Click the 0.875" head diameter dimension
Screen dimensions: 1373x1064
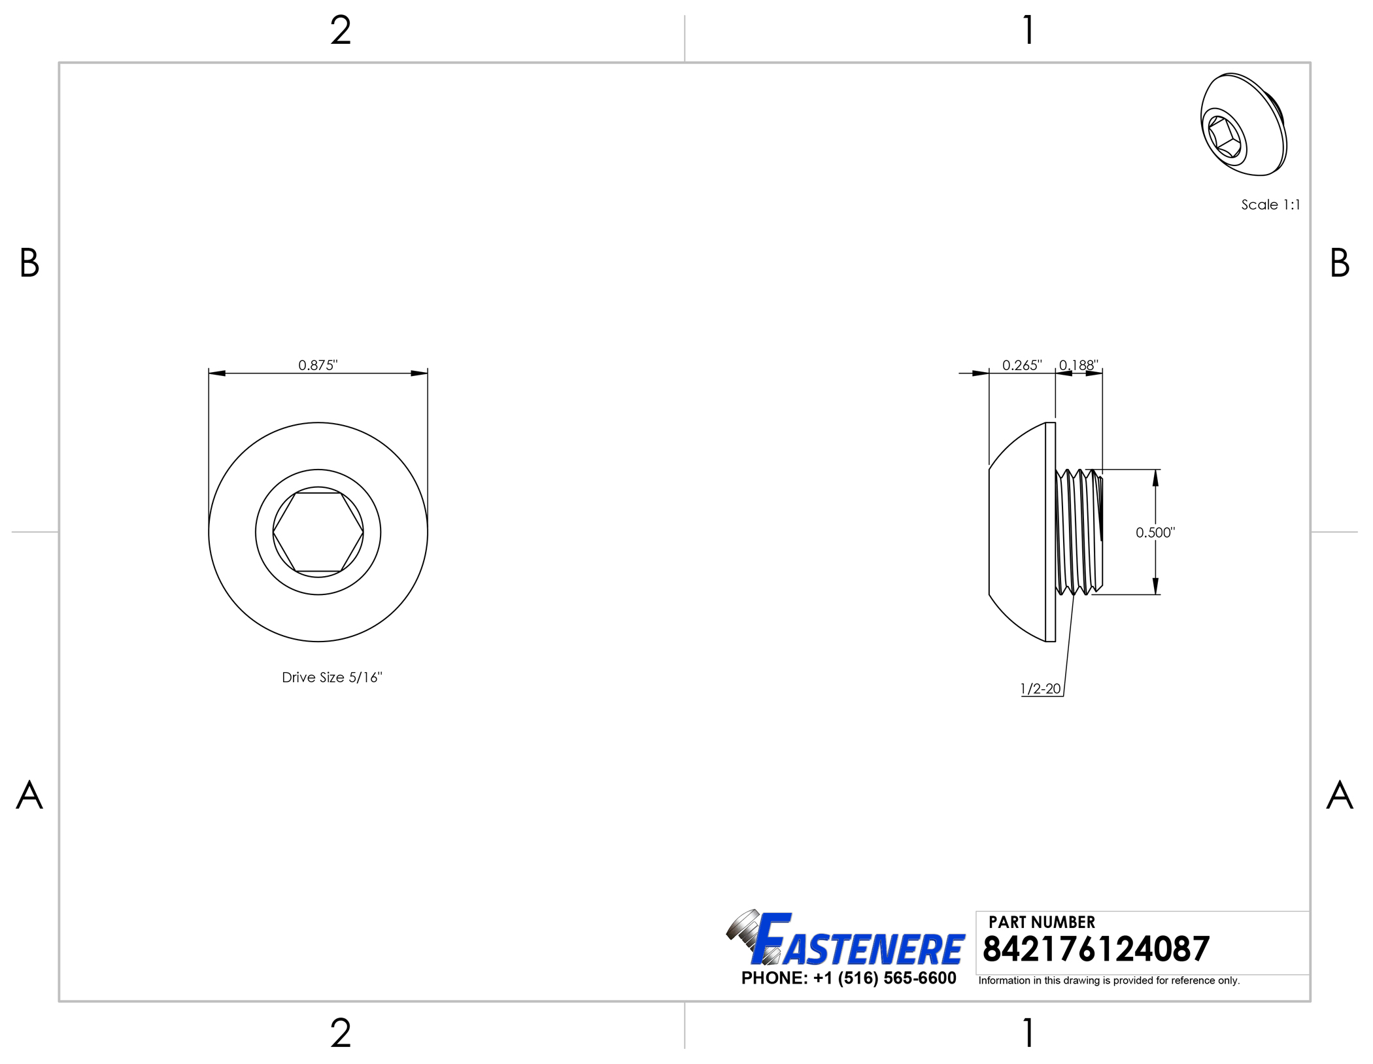pos(318,365)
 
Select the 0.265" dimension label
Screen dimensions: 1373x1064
pos(1022,365)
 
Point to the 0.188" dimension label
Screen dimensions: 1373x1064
pos(1079,365)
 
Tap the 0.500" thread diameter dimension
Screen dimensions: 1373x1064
pos(1155,532)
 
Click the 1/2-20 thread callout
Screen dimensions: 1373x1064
pos(1040,689)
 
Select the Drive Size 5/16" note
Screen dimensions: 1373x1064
pos(332,678)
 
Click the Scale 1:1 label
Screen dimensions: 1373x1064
pos(1271,205)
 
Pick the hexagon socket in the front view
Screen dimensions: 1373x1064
pos(318,532)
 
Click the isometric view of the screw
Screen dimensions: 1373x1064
pos(1244,124)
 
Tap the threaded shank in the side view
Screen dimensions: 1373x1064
pos(1079,532)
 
